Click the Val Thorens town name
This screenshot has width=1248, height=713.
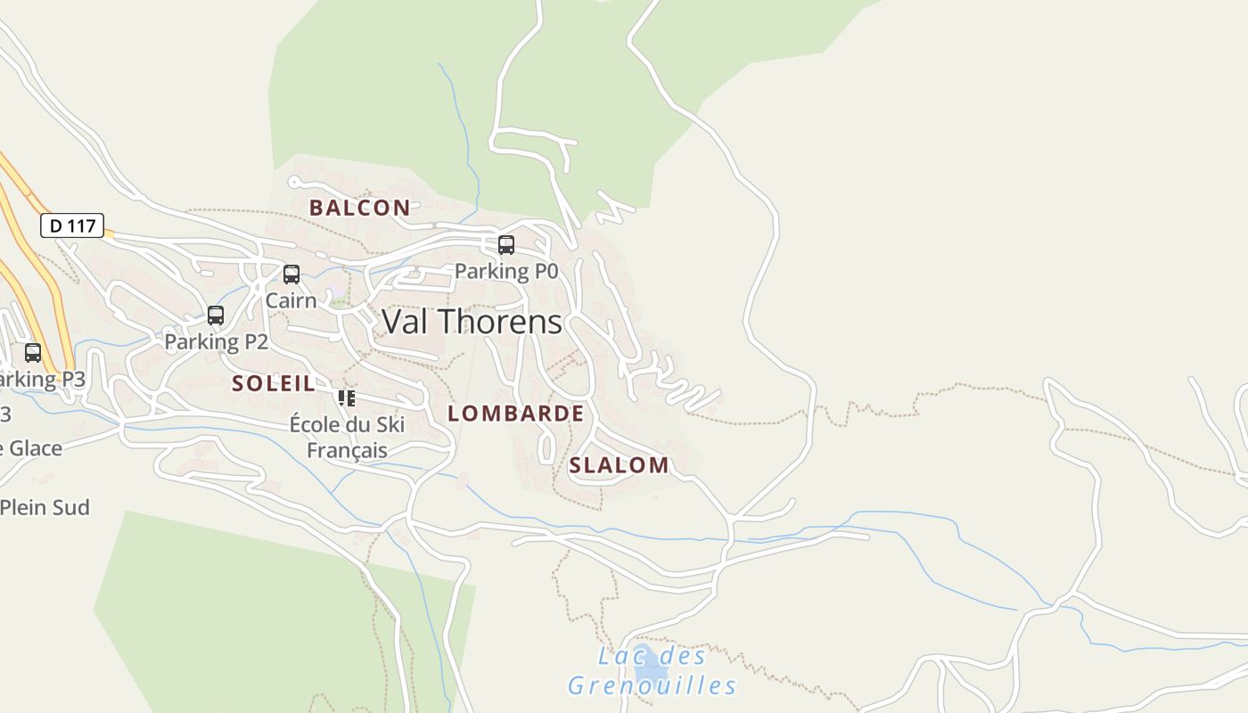472,322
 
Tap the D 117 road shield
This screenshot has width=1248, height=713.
72,225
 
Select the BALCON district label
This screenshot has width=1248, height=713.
359,208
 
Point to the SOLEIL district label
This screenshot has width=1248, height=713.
273,384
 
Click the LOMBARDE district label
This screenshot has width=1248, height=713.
515,414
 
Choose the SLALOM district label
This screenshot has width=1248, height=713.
619,465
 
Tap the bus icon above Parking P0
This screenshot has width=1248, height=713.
506,244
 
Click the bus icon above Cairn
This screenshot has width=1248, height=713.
291,275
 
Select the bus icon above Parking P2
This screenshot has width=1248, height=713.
216,316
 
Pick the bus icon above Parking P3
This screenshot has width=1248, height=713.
33,353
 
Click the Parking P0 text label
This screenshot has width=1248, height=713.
505,271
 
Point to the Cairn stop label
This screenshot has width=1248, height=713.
291,300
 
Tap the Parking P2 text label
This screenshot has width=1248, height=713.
216,341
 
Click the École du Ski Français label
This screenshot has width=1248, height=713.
347,437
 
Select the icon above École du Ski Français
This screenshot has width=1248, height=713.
346,397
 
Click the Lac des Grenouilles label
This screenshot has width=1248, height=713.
653,671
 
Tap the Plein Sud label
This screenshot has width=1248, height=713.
45,507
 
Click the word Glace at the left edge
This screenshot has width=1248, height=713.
33,448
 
